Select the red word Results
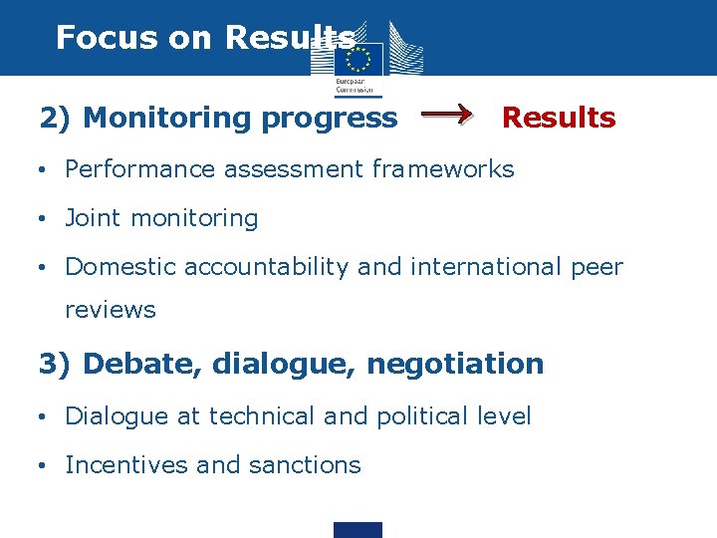click(x=558, y=118)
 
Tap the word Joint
click(x=92, y=218)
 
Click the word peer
click(x=596, y=267)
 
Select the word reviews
click(x=110, y=310)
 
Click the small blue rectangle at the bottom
click(x=358, y=529)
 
